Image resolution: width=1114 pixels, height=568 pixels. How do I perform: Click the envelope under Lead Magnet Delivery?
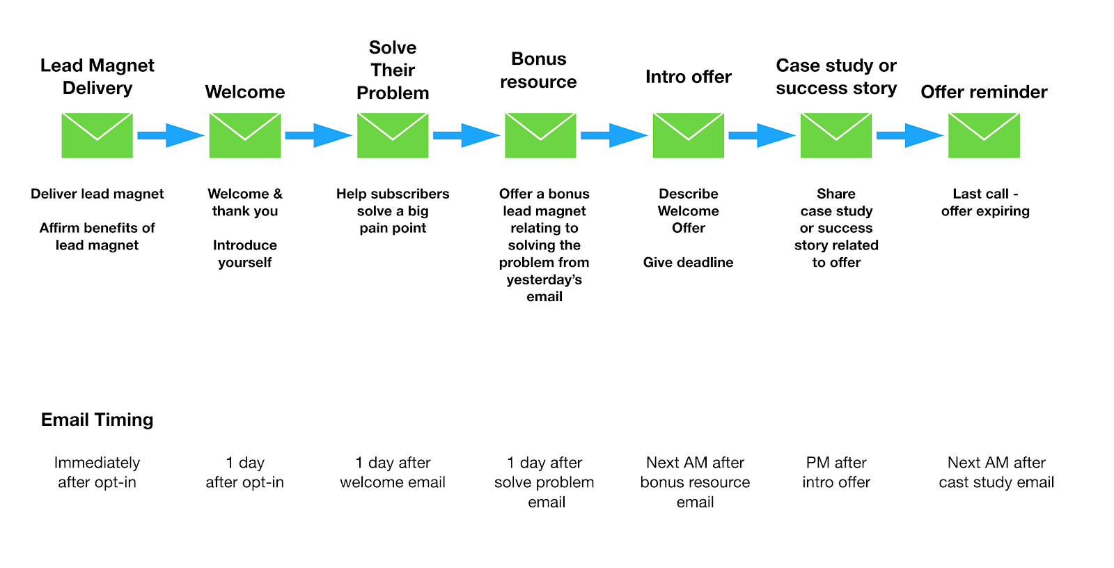click(97, 135)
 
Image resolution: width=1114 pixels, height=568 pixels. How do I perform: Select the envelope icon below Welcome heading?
click(245, 135)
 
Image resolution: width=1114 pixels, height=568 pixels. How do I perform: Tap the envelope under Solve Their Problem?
click(393, 135)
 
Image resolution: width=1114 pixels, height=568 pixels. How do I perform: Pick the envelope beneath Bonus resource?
click(540, 135)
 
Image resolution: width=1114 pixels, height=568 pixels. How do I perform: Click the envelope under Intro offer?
click(688, 135)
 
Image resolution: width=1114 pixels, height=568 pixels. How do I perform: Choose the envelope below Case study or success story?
click(836, 135)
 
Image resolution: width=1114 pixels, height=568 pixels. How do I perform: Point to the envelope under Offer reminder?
click(984, 135)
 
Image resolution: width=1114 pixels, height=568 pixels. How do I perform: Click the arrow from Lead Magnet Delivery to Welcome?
click(170, 135)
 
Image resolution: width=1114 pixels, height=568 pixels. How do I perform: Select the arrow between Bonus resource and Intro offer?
click(613, 135)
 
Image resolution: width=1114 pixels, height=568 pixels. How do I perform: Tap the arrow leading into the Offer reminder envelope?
click(909, 135)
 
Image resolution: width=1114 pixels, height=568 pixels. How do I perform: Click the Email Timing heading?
click(97, 420)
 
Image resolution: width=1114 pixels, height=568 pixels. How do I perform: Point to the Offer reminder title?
click(984, 92)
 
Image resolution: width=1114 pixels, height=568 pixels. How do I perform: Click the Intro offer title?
click(688, 77)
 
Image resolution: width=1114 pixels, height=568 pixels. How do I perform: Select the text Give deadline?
click(688, 263)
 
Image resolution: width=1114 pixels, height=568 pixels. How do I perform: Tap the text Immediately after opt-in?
click(97, 473)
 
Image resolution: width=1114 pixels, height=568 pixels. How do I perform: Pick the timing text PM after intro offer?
click(836, 473)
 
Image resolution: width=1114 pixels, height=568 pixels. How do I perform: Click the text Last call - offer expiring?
click(985, 202)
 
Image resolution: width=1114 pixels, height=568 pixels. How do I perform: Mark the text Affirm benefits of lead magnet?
click(97, 236)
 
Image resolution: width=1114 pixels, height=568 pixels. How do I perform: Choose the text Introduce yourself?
click(245, 254)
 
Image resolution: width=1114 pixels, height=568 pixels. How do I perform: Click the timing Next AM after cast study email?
click(996, 473)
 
